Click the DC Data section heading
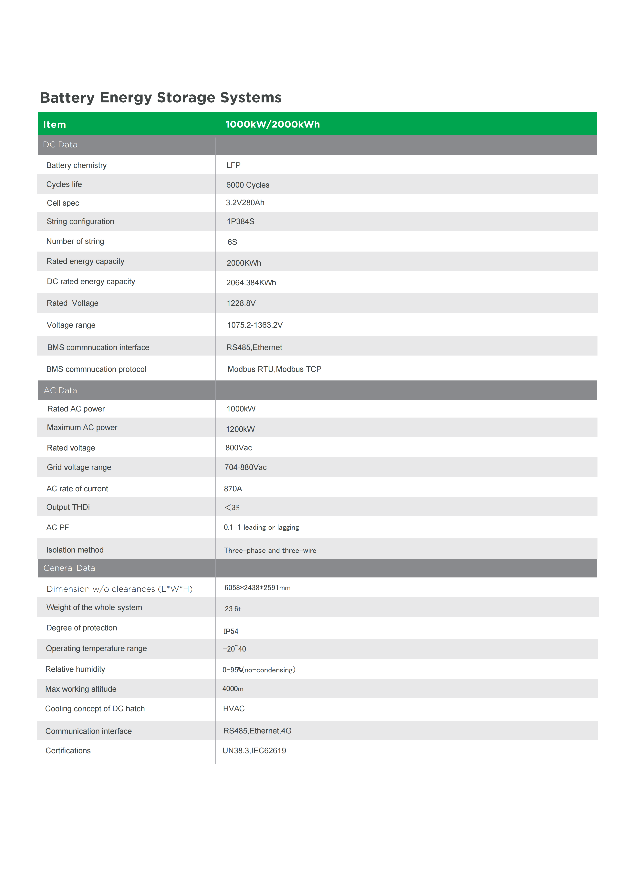click(60, 145)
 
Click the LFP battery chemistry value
click(233, 165)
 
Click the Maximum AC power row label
click(82, 428)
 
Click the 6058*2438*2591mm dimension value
click(257, 588)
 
